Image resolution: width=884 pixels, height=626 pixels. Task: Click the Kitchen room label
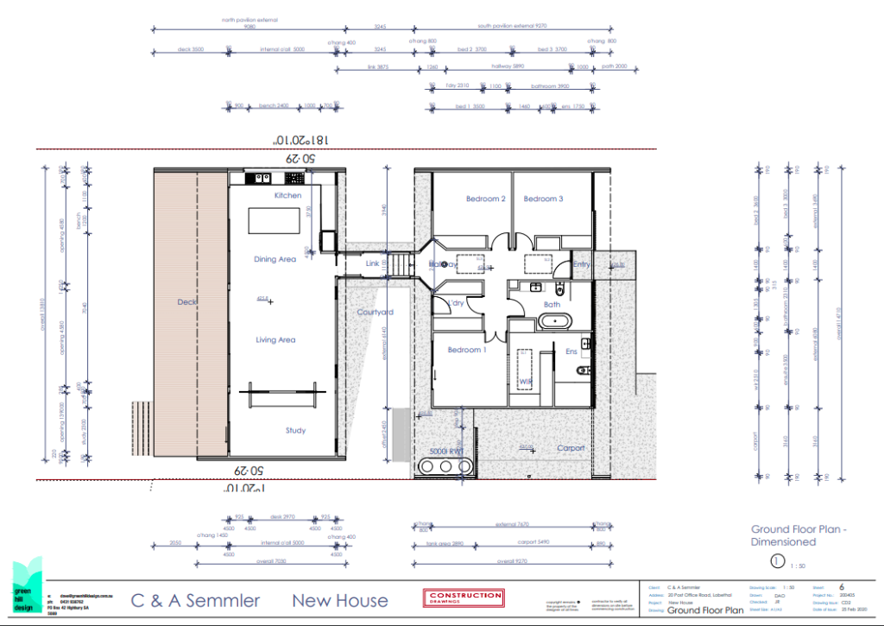[287, 196]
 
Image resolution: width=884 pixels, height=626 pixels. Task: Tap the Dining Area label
[275, 259]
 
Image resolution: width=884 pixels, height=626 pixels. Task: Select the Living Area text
[275, 340]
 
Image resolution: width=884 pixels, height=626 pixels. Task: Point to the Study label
[295, 431]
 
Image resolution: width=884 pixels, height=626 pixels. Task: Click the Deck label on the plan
[187, 302]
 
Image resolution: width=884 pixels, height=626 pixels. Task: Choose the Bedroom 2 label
[485, 199]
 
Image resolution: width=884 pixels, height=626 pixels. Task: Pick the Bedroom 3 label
[543, 199]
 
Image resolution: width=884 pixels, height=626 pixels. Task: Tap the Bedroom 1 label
[465, 350]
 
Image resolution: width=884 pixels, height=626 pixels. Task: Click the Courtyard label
[376, 313]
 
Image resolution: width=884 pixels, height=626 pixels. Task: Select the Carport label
[571, 448]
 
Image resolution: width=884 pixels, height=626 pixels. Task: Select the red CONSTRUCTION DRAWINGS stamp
[463, 598]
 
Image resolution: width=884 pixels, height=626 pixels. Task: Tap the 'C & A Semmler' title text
[195, 600]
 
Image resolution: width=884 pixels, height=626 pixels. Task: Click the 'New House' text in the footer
[340, 600]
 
